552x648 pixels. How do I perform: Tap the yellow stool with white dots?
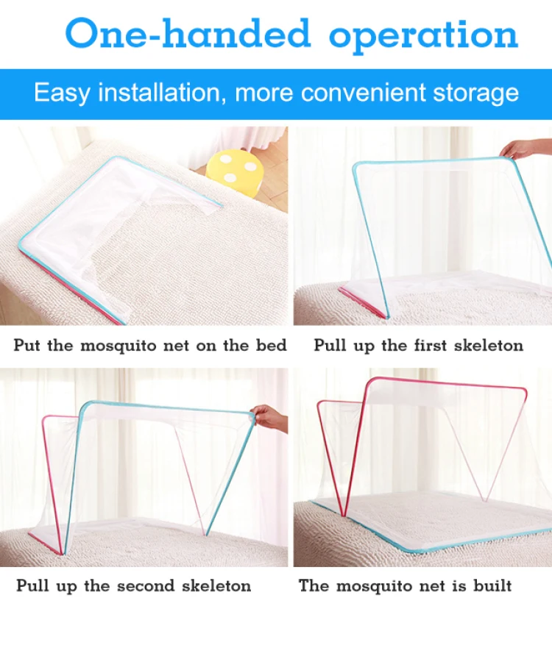233,168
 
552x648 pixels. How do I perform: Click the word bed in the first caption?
272,345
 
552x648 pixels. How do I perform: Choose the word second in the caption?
145,586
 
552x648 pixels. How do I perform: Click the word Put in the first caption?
26,345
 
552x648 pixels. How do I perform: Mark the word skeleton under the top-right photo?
488,345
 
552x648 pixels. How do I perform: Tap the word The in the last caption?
313,586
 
